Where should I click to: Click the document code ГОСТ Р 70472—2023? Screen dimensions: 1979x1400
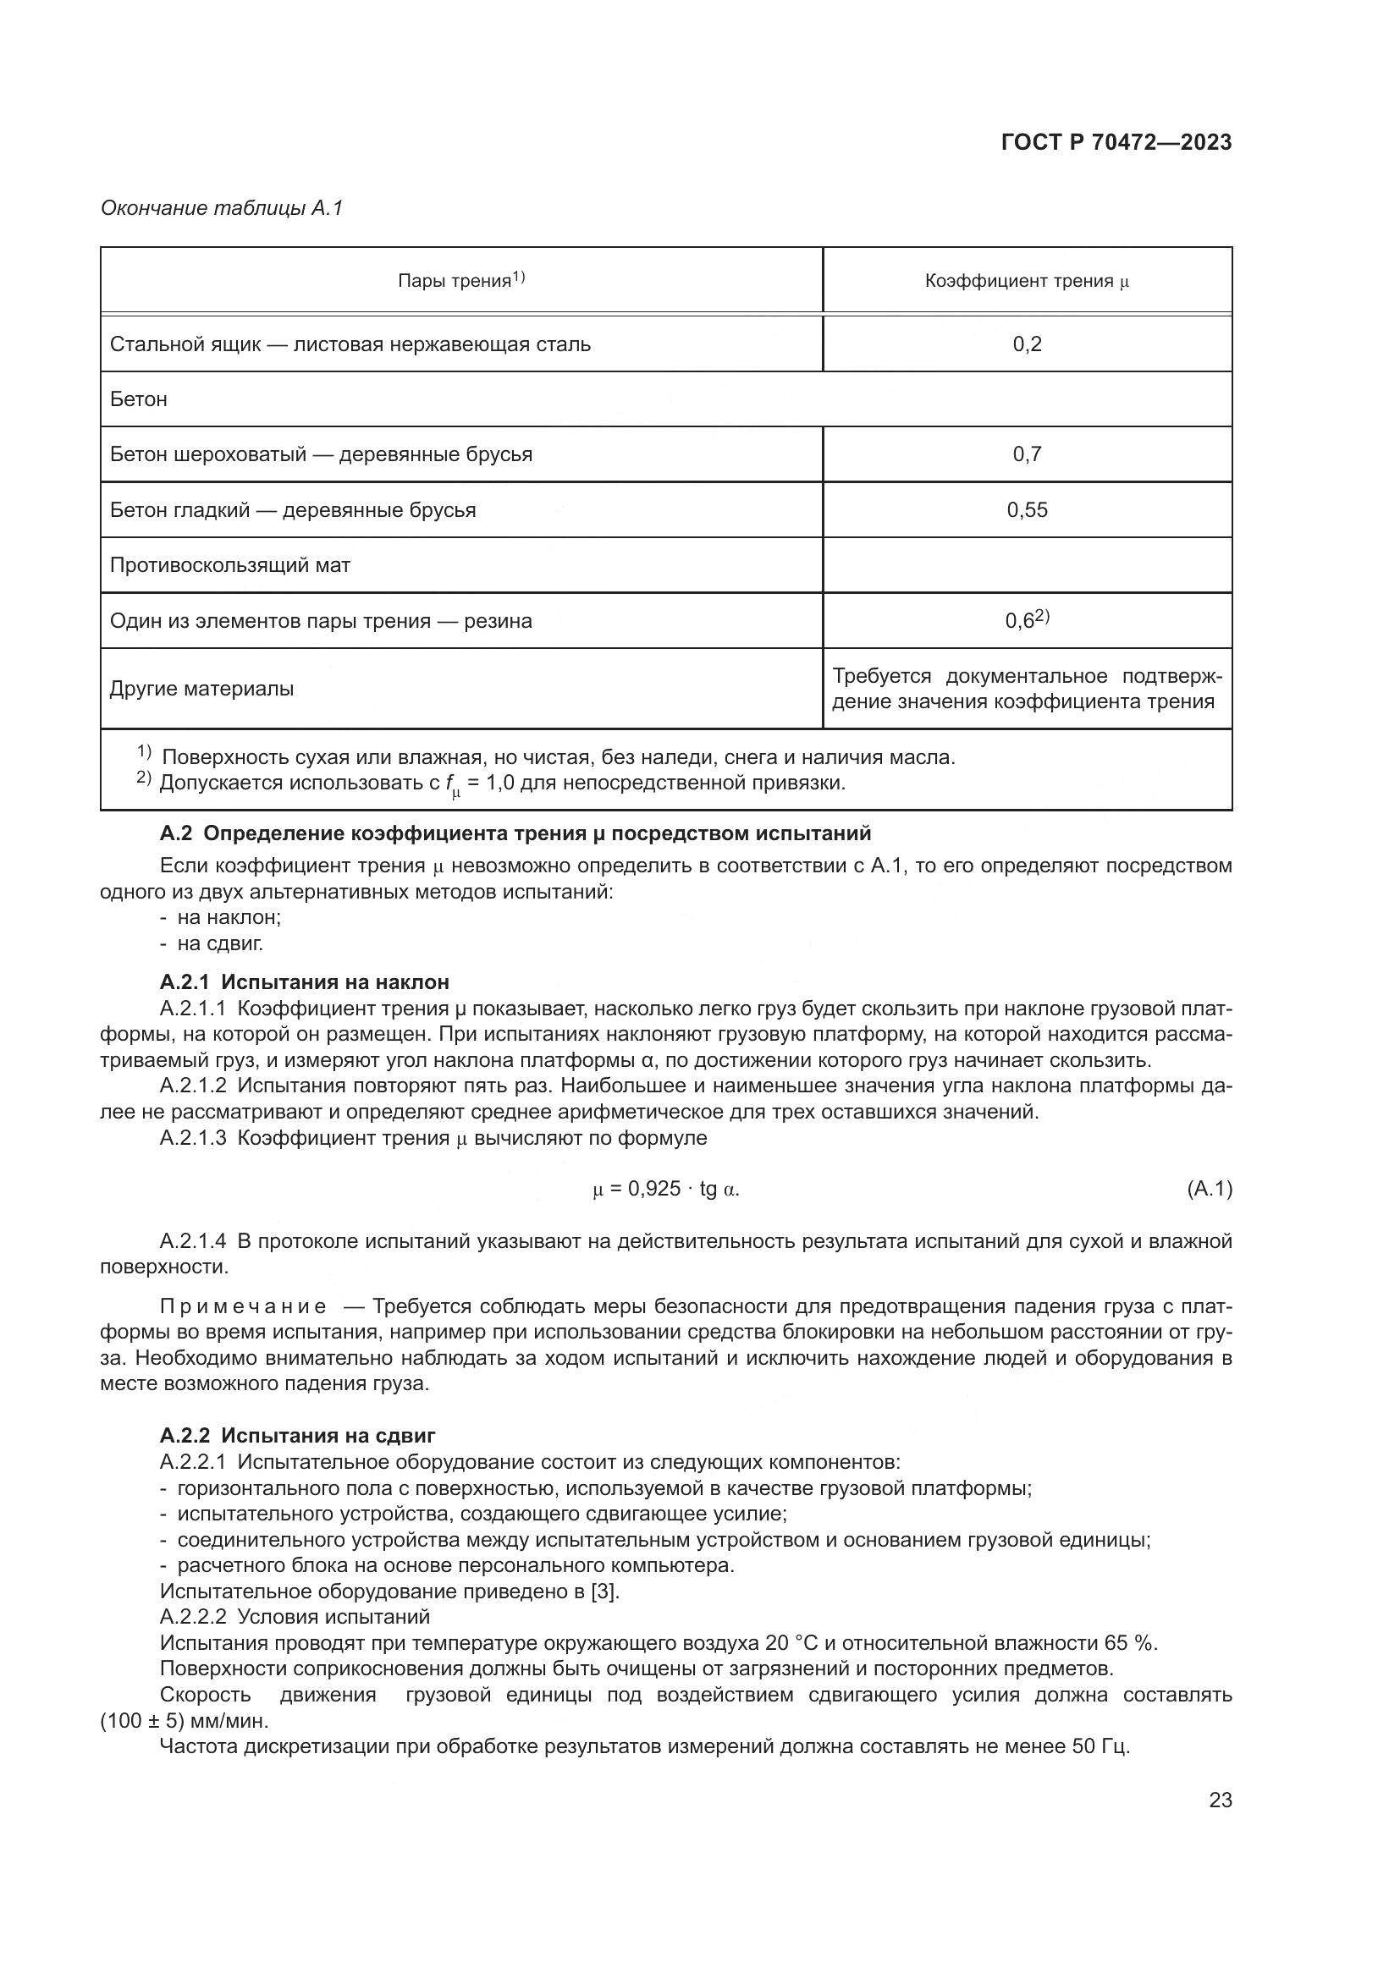[1116, 142]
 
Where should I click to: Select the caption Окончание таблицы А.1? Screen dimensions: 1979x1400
[222, 208]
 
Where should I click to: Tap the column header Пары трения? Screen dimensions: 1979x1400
[460, 280]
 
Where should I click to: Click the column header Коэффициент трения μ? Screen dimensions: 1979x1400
[1026, 281]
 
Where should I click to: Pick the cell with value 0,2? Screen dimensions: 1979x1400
[1026, 344]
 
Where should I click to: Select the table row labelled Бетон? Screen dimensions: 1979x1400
[139, 399]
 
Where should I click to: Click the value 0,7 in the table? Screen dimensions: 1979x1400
[1026, 454]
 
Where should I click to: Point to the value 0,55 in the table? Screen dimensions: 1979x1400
[1026, 509]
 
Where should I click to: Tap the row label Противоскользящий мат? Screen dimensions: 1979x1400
[229, 565]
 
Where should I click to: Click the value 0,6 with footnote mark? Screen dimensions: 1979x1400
[1026, 619]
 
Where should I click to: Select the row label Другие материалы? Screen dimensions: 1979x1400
[201, 689]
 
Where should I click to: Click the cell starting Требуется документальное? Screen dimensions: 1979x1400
[1026, 689]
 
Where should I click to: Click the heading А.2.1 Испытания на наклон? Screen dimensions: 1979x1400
[305, 981]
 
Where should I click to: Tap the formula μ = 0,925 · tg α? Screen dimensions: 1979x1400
[665, 1190]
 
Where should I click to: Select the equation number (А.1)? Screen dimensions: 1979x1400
[1209, 1190]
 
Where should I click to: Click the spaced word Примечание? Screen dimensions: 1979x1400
[243, 1306]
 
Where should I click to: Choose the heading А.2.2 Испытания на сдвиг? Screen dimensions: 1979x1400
[297, 1435]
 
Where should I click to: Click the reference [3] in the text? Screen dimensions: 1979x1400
[604, 1591]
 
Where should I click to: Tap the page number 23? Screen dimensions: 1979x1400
[1220, 1800]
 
